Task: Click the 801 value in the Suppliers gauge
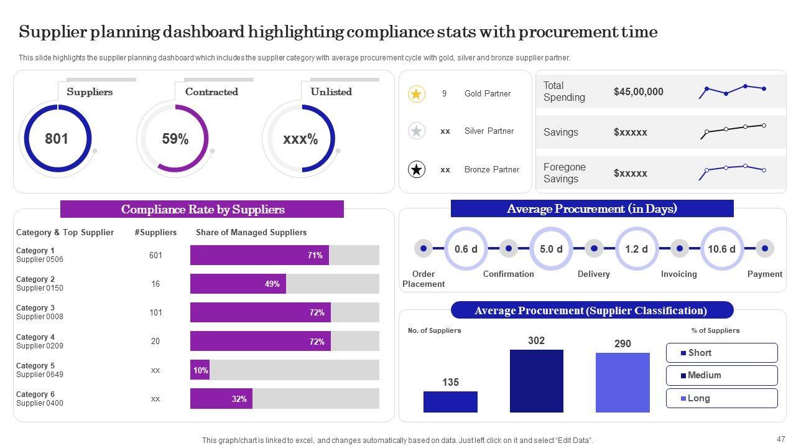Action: point(57,139)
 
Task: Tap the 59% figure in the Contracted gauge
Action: point(175,139)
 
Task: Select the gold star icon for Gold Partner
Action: point(416,94)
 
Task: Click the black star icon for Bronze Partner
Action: point(416,169)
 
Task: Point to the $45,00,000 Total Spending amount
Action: point(638,91)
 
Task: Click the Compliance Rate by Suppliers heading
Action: point(202,209)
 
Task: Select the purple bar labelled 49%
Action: point(238,284)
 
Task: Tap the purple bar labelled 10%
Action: point(200,370)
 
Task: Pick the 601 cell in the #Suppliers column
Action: point(155,255)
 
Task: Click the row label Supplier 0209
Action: point(40,346)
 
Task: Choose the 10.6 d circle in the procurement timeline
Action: point(721,249)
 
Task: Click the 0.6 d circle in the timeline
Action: point(466,249)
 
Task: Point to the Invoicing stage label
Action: point(678,274)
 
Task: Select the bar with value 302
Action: point(536,381)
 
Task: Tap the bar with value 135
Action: point(450,401)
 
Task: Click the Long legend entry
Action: point(721,398)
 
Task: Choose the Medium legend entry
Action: point(721,375)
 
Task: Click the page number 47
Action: point(781,439)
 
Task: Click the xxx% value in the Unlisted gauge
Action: point(300,139)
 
